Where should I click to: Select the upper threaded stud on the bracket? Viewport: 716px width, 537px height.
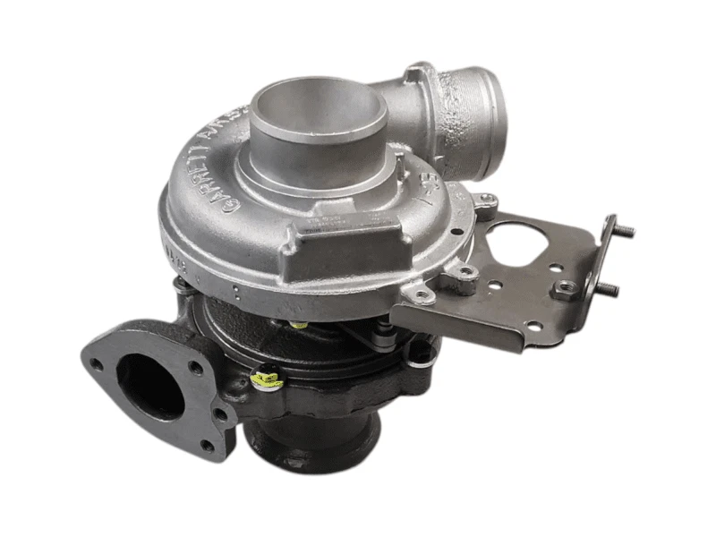click(x=626, y=231)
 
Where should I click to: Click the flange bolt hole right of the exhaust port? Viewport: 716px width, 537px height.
click(x=217, y=413)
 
